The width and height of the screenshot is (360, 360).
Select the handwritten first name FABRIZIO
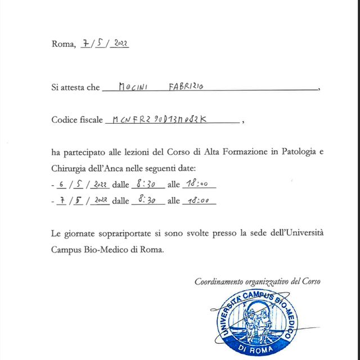(x=187, y=87)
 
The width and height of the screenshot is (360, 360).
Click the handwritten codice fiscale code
(x=160, y=119)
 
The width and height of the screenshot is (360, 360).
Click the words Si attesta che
(x=75, y=88)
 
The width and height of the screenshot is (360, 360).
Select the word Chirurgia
(x=70, y=168)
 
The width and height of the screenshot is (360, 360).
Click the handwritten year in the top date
(x=120, y=44)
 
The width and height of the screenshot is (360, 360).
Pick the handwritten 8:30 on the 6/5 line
(x=147, y=184)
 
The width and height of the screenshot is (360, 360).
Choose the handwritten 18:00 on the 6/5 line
(x=199, y=184)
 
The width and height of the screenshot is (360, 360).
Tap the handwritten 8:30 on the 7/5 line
(x=147, y=200)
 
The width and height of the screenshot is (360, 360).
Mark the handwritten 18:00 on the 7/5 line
(x=199, y=200)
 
